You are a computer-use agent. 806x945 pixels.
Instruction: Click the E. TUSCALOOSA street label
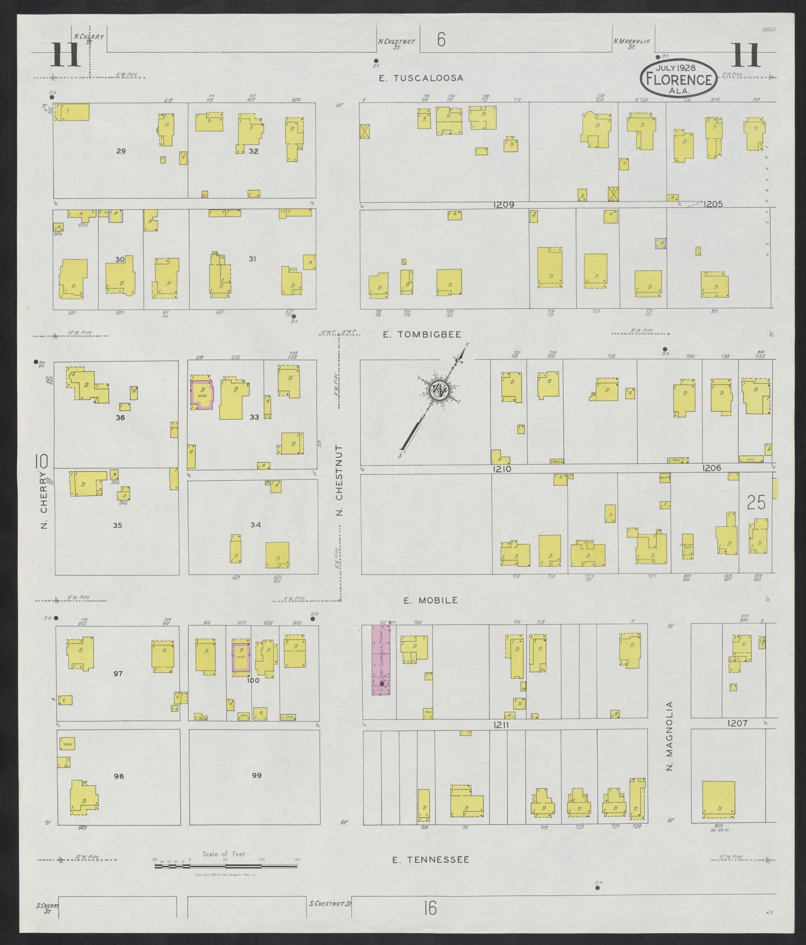[x=420, y=78]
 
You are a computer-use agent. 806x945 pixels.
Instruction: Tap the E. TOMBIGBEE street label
[x=422, y=334]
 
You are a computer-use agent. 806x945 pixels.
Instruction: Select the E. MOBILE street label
[x=431, y=600]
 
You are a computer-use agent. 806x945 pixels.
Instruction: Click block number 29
[x=121, y=151]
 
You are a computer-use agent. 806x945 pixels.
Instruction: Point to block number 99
[x=256, y=775]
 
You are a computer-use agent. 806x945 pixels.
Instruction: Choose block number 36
[x=120, y=418]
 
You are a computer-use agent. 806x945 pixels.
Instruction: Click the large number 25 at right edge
[x=756, y=502]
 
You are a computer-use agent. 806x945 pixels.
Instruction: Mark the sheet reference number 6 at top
[x=441, y=41]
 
